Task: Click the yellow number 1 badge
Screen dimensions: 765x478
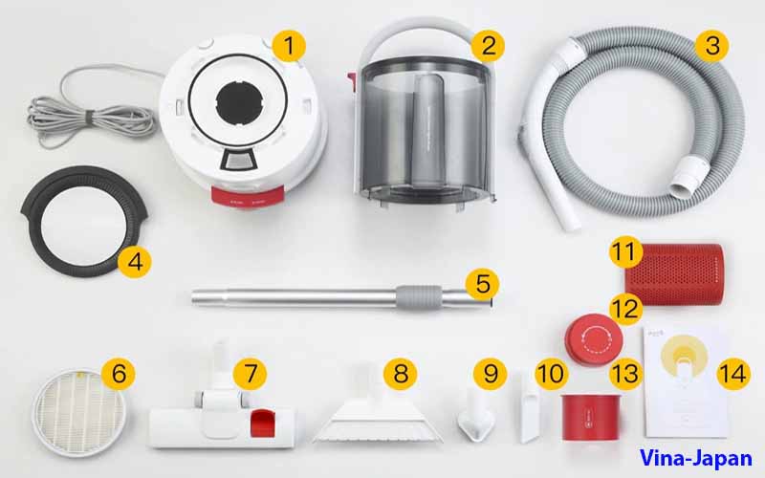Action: coord(289,46)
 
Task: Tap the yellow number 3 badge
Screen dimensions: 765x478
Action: coord(711,46)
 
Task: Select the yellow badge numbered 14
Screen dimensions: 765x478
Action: coord(733,374)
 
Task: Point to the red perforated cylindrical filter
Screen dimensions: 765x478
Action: coord(676,273)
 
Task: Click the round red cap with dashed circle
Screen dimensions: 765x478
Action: coord(593,339)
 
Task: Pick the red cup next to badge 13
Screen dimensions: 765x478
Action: coord(591,417)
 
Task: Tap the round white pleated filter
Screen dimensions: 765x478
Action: coord(79,412)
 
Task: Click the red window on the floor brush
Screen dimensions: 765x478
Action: coord(262,423)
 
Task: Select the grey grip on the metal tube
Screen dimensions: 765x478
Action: coord(419,297)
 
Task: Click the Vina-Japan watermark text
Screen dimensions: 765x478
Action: coord(695,458)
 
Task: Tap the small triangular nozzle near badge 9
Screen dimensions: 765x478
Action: coord(475,415)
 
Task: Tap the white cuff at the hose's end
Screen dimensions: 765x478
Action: coord(689,176)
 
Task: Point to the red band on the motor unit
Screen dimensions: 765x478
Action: coord(248,198)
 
